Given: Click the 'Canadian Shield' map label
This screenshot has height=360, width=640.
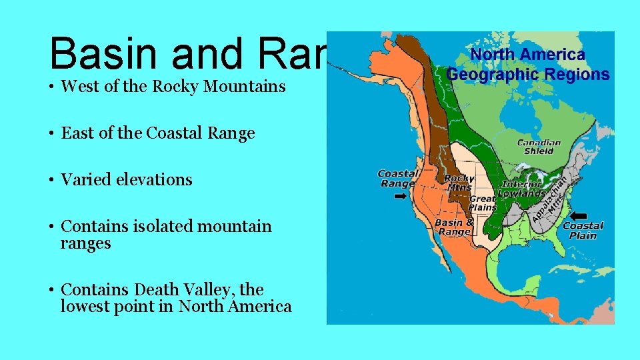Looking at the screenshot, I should (x=539, y=147).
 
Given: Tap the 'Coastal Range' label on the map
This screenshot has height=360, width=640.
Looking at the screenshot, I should (x=397, y=179).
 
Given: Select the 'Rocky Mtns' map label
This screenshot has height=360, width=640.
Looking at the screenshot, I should (x=459, y=183).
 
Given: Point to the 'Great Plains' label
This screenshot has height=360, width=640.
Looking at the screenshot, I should (x=483, y=203).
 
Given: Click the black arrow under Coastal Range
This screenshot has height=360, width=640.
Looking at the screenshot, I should (x=400, y=197).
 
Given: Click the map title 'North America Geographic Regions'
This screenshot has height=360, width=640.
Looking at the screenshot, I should (x=527, y=65).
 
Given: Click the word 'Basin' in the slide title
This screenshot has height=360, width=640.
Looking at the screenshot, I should (x=106, y=53).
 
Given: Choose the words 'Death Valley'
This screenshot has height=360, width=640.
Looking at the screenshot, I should (x=199, y=290).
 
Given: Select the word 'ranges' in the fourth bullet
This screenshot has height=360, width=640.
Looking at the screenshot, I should (x=85, y=243).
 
